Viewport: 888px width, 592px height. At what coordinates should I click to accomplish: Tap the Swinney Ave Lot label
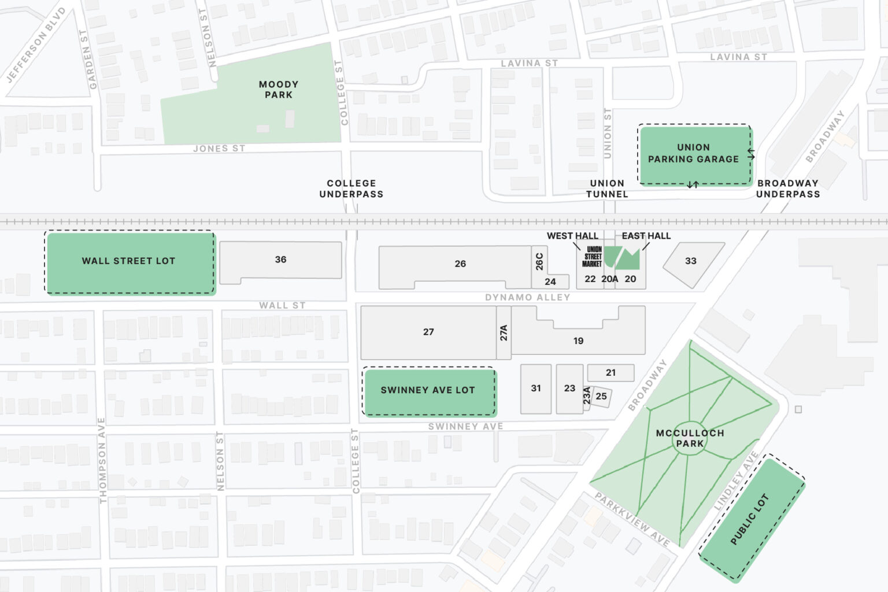(x=428, y=390)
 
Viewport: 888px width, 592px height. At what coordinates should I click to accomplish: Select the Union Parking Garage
(x=694, y=154)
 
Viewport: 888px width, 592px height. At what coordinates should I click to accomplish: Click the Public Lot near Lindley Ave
(x=751, y=519)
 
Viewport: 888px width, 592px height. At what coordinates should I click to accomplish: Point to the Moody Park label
(x=279, y=90)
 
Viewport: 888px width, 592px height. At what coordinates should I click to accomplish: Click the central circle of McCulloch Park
(x=690, y=439)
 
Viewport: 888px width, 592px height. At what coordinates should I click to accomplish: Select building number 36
(x=280, y=260)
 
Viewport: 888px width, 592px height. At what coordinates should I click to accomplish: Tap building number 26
(x=460, y=264)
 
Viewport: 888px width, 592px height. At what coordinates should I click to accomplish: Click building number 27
(x=428, y=332)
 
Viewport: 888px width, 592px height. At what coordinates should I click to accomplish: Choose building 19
(x=578, y=341)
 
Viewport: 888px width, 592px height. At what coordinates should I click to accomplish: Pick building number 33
(x=691, y=261)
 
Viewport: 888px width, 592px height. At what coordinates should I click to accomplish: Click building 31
(x=536, y=388)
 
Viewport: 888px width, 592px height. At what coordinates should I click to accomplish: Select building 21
(x=610, y=373)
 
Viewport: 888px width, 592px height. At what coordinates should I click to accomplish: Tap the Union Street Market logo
(x=593, y=257)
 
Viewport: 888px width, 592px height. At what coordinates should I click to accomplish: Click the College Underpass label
(x=351, y=189)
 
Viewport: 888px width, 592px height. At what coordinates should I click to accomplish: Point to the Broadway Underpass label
(x=788, y=189)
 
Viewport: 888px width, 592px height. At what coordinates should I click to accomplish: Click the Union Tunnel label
(x=607, y=189)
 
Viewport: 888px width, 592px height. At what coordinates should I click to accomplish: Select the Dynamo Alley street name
(x=527, y=297)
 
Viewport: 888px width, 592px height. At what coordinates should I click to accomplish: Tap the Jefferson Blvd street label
(x=36, y=45)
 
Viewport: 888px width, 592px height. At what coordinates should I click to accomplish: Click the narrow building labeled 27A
(x=504, y=333)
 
